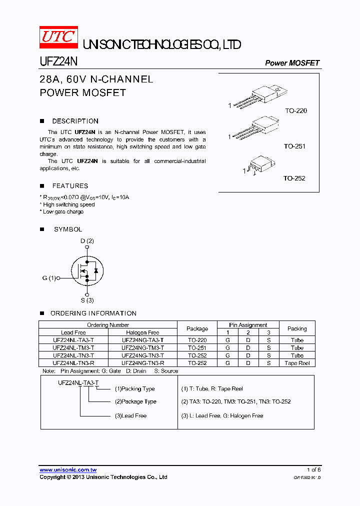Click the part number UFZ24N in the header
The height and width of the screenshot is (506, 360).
58,62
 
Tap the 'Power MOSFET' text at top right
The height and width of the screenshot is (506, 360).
292,63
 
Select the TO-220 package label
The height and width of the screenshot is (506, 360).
296,110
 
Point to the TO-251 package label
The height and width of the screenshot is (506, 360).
294,146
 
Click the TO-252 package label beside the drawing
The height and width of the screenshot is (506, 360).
294,178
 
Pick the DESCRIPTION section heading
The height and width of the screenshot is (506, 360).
75,121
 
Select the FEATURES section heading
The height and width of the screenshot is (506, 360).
70,185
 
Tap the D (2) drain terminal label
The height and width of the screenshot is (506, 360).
87,241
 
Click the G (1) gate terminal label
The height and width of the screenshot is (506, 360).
49,278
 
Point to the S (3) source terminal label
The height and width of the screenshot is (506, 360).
87,300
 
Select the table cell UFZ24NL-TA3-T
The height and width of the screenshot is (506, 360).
73,340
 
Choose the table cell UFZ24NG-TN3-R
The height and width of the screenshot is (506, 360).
142,363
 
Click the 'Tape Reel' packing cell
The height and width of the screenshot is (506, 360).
297,363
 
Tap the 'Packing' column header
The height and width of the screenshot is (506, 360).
297,328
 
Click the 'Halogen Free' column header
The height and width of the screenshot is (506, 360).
142,332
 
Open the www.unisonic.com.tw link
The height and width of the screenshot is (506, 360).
68,470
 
